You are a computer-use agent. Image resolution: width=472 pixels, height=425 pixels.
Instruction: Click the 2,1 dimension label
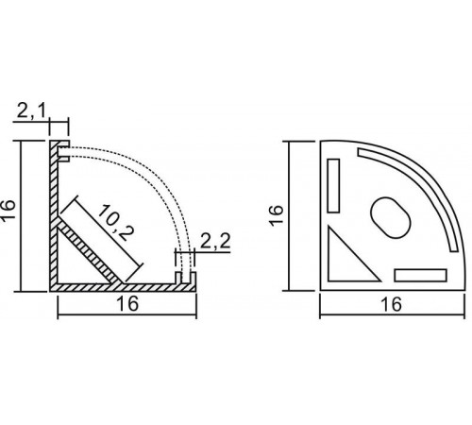(x=31, y=110)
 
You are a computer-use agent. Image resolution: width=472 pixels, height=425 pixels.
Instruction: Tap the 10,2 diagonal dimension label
(x=116, y=222)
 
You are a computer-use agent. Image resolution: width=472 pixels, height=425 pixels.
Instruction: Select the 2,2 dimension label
(x=215, y=242)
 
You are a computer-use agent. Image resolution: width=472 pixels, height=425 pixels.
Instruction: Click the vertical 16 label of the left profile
(x=8, y=211)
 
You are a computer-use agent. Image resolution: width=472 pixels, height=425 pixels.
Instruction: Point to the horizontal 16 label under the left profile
(x=127, y=303)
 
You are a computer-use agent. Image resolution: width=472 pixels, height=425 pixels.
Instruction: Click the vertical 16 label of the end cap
(x=277, y=215)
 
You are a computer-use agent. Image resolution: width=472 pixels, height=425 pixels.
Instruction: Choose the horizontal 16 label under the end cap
(x=392, y=304)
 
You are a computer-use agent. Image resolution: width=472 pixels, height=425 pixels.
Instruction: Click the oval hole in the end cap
(x=391, y=217)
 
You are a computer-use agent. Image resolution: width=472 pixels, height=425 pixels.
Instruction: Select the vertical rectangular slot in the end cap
(x=333, y=186)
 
